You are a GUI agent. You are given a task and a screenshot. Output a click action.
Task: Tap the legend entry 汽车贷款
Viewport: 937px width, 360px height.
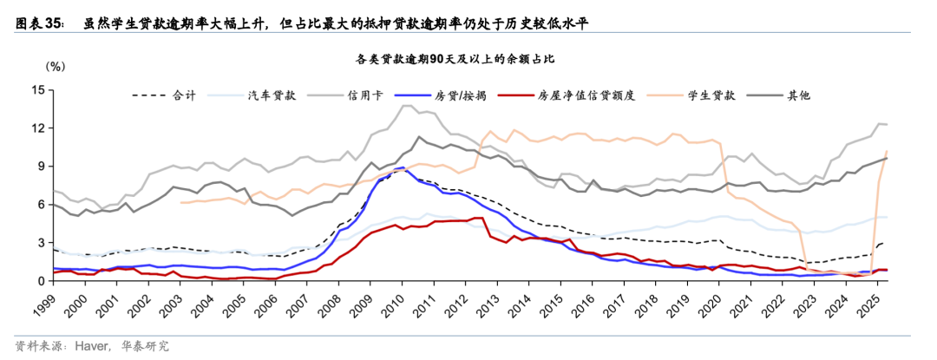272,95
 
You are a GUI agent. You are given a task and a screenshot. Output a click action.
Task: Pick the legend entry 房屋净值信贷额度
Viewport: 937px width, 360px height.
586,95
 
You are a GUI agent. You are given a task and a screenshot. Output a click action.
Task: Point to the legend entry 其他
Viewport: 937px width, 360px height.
798,95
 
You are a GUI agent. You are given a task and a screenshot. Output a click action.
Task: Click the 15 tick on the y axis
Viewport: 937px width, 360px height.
38,90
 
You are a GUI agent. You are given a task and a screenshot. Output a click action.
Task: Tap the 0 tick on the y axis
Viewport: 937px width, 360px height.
41,281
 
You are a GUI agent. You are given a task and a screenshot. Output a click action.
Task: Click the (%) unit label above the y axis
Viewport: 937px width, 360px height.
55,65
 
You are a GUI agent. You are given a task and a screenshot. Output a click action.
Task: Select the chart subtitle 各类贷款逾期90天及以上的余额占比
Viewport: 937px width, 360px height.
468,60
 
